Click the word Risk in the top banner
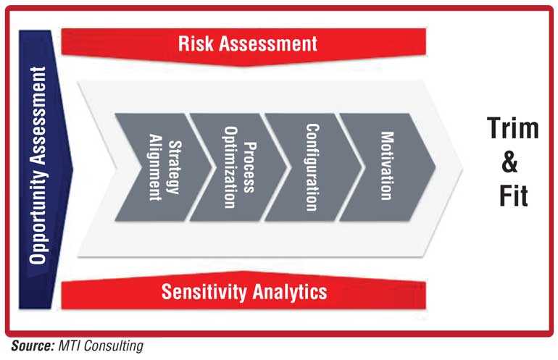[x=196, y=43]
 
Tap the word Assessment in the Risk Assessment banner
[x=268, y=43]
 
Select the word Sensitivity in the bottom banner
[x=204, y=292]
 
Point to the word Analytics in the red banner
[x=290, y=292]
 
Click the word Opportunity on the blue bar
[x=38, y=216]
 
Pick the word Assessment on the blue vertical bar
[x=38, y=114]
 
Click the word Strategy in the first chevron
[x=175, y=167]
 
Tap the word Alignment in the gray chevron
[x=155, y=167]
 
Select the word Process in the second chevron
[x=249, y=167]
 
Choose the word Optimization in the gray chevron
[x=230, y=167]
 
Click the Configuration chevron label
[x=312, y=167]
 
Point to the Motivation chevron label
[x=387, y=166]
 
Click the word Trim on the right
[x=513, y=128]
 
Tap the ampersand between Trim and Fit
[x=509, y=162]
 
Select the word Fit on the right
[x=514, y=196]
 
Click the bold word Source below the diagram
[x=33, y=346]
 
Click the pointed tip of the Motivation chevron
[x=436, y=167]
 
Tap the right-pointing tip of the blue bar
[x=72, y=168]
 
